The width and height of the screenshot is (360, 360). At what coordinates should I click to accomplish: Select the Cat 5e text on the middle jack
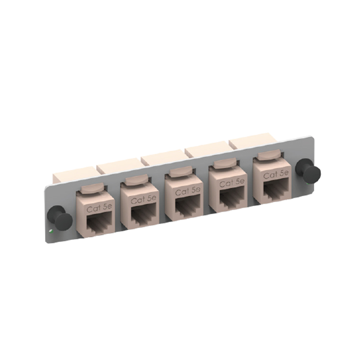tap(187, 191)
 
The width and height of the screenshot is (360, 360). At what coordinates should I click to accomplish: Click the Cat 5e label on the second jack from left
tap(143, 199)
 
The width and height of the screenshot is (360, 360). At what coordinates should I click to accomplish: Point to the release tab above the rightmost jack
tap(269, 155)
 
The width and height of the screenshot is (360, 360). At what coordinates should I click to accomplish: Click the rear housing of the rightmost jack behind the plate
tap(252, 139)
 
